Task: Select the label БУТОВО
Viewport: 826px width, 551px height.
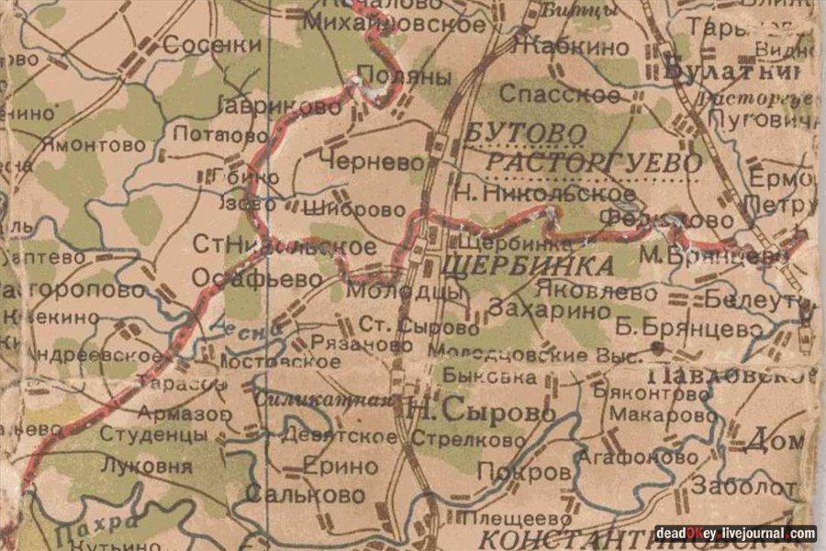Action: tap(526, 133)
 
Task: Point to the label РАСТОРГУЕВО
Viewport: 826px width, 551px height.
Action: tap(593, 163)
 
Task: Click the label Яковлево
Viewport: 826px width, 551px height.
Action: tap(597, 293)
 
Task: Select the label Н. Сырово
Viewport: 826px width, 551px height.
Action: tap(481, 412)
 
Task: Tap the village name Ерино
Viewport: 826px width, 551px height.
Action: tap(340, 467)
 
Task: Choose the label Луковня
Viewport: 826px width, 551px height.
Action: tap(147, 466)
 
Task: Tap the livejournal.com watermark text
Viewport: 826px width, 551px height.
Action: tap(736, 534)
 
